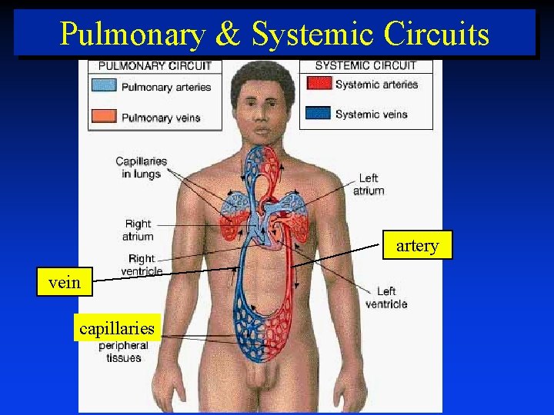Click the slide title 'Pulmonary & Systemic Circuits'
275,34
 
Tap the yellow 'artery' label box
417,246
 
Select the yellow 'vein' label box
64,282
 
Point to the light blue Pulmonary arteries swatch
104,85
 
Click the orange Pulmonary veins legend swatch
104,117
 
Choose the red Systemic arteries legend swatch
318,83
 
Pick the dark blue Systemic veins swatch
318,113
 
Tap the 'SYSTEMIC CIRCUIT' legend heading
365,65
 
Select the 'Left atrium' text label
369,184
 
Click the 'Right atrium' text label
138,230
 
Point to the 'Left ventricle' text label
386,297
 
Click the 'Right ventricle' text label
142,265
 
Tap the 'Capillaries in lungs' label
141,168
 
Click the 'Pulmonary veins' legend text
161,118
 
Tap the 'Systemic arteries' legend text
376,84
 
